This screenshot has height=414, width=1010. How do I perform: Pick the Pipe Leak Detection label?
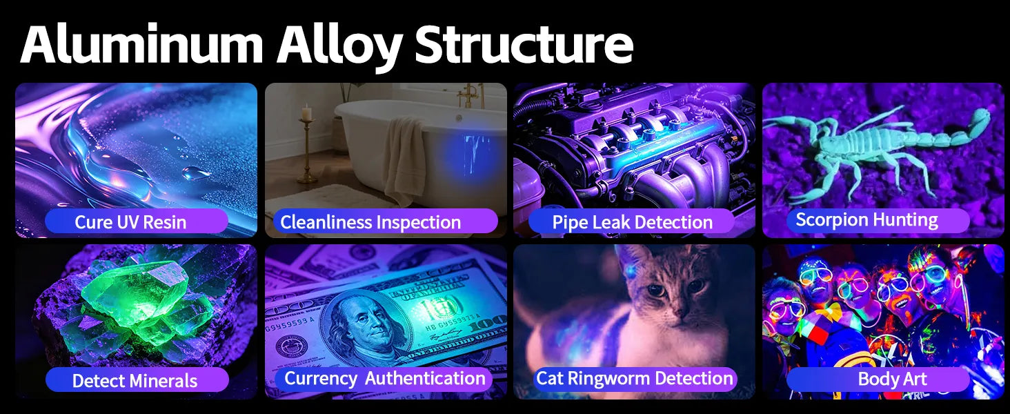(632, 222)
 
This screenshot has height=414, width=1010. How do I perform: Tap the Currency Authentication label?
(384, 378)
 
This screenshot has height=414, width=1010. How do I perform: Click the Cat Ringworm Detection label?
(635, 378)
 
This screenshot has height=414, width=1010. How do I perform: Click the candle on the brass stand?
(306, 112)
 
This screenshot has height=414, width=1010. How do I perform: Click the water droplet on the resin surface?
(195, 172)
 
